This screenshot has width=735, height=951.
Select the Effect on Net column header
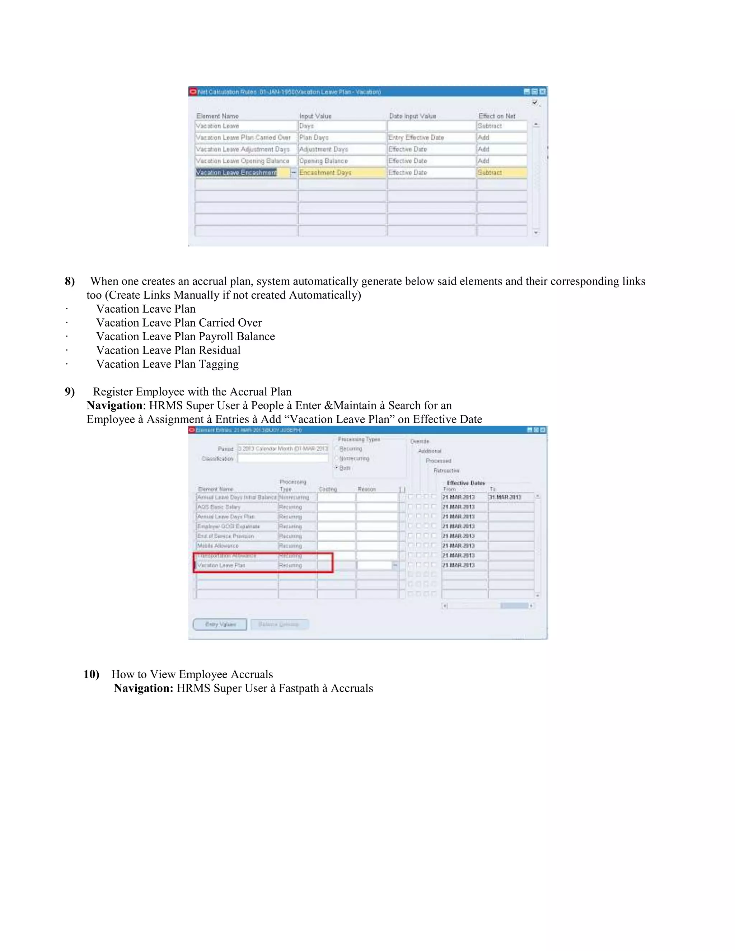pos(496,116)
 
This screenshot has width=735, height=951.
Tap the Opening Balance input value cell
pos(342,161)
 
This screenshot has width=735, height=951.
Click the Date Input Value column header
pos(412,116)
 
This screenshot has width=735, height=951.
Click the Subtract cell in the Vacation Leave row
pos(501,126)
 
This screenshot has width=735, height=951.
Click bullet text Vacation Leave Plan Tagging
pos(167,364)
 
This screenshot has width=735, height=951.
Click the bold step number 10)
pos(92,675)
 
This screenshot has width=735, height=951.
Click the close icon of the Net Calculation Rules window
pos(542,92)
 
